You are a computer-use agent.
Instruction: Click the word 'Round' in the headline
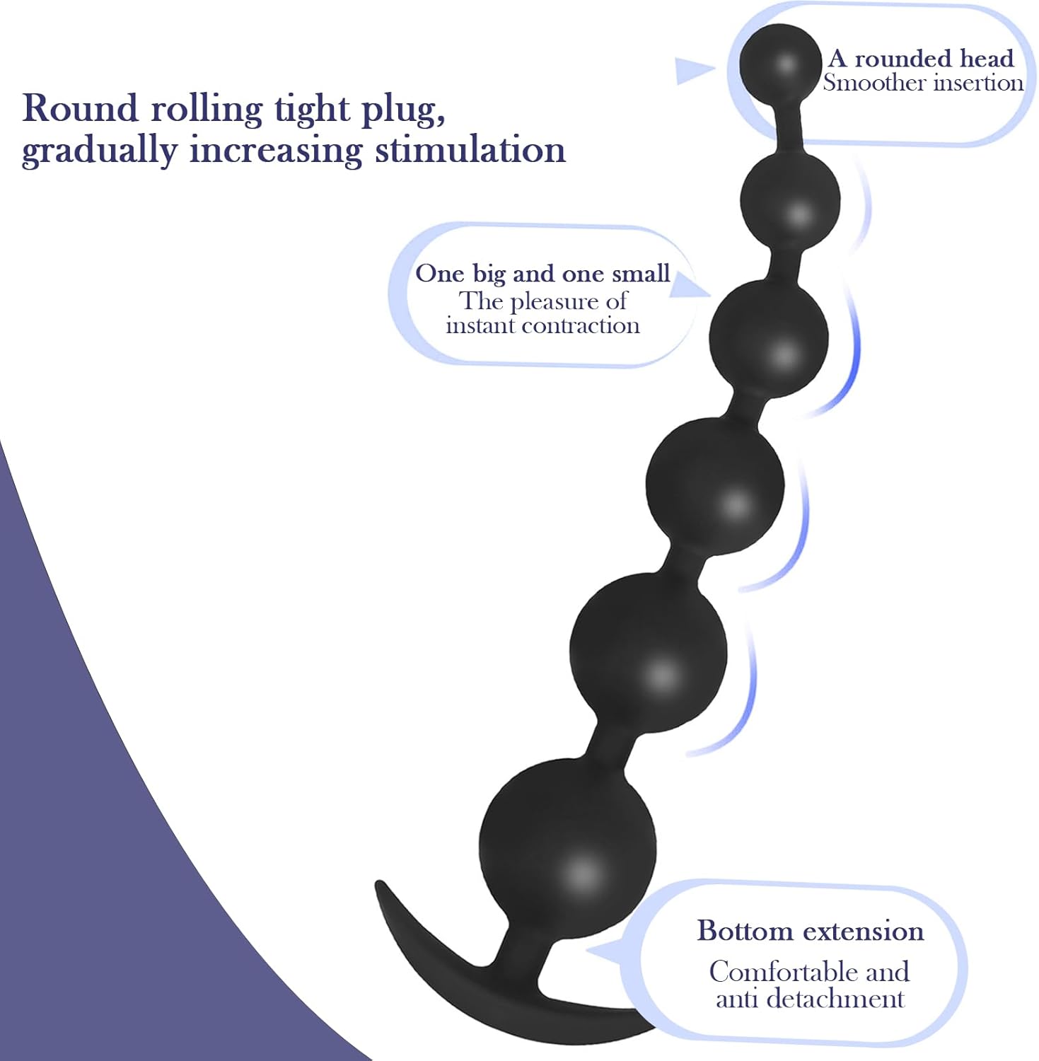[x=80, y=109]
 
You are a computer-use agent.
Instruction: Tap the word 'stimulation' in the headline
[x=470, y=150]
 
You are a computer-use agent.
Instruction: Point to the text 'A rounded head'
[x=921, y=58]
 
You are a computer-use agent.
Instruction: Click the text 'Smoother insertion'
[x=923, y=83]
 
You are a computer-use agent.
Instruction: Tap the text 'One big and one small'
[x=542, y=274]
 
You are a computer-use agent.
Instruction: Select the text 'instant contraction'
[x=542, y=325]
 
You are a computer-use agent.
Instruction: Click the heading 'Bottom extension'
[x=811, y=931]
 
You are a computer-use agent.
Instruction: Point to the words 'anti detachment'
[x=811, y=999]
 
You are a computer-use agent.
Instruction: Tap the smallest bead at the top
[x=781, y=62]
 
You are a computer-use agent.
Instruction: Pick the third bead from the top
[x=769, y=340]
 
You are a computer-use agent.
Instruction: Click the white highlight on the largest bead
[x=581, y=872]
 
